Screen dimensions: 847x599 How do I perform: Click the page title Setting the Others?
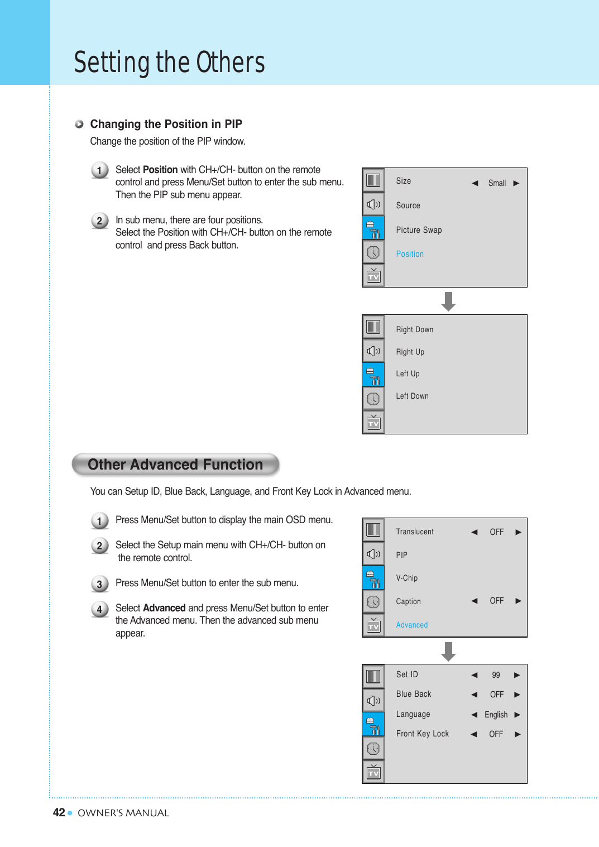[169, 62]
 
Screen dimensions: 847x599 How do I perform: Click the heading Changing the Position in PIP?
[166, 124]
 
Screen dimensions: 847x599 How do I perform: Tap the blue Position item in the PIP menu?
[410, 254]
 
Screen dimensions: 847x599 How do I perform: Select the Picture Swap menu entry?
[419, 230]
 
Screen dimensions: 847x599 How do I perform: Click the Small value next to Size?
[497, 183]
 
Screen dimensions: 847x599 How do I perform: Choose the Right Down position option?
[415, 330]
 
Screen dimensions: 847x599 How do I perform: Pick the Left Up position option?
[408, 374]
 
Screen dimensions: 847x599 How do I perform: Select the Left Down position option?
[412, 396]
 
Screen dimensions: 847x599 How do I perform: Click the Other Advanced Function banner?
[175, 465]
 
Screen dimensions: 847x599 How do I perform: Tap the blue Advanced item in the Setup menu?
[412, 625]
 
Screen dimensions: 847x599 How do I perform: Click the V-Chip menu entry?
[406, 578]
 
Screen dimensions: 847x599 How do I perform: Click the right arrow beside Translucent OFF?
[519, 532]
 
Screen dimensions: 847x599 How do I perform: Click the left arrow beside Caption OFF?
[475, 601]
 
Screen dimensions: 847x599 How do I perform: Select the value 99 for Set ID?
[496, 675]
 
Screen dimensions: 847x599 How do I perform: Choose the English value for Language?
[496, 715]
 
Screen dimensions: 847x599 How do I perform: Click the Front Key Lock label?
[422, 734]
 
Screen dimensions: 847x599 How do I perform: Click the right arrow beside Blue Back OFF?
[517, 695]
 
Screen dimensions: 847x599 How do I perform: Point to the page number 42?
[59, 812]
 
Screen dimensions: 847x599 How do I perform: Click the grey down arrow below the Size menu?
[448, 302]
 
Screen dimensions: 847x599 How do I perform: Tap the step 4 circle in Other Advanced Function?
[99, 609]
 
